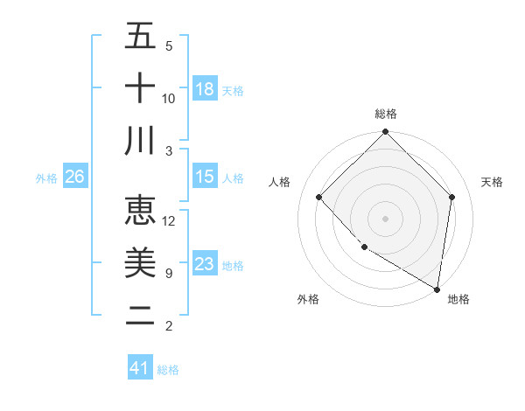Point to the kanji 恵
click(x=140, y=211)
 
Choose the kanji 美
click(x=140, y=263)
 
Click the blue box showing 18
click(x=205, y=89)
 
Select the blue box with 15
click(x=205, y=177)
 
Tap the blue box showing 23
click(x=205, y=264)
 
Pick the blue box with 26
click(x=74, y=177)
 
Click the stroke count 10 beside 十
click(x=169, y=98)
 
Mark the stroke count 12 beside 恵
click(x=169, y=220)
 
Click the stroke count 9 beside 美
click(x=169, y=273)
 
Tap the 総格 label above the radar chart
click(x=386, y=114)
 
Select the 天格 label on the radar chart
click(x=492, y=182)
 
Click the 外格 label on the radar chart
click(x=307, y=299)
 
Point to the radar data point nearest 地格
click(x=437, y=289)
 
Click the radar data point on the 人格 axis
click(x=319, y=197)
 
